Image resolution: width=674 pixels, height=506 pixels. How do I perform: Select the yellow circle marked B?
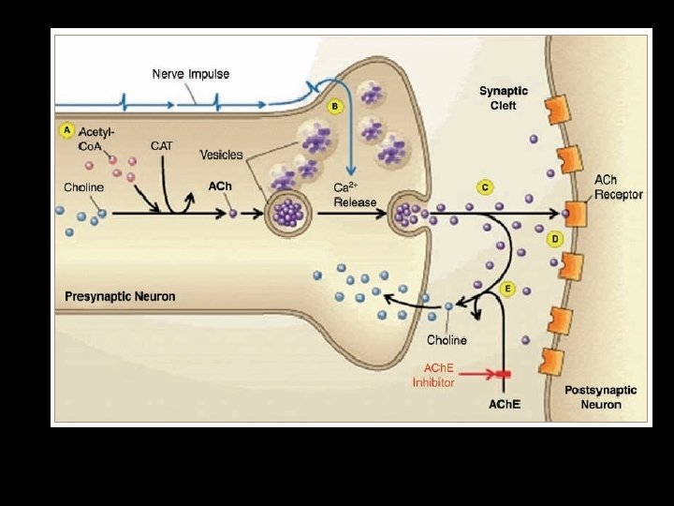click(x=335, y=107)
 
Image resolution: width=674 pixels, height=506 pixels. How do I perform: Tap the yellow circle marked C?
click(x=485, y=187)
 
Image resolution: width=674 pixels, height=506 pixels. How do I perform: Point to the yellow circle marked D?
click(x=556, y=240)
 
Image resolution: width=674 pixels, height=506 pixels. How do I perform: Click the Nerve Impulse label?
click(x=191, y=74)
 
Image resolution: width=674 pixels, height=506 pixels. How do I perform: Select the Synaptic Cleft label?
click(x=504, y=98)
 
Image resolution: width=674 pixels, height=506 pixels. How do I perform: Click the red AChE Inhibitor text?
click(x=433, y=375)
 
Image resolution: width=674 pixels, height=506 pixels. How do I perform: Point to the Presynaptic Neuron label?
click(x=120, y=297)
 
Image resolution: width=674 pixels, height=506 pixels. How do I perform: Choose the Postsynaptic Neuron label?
click(x=600, y=397)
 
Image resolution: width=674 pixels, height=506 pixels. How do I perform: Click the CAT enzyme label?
click(x=161, y=146)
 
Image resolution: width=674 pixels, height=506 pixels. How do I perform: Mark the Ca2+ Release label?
click(x=354, y=195)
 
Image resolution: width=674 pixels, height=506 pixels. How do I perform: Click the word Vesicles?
click(x=221, y=155)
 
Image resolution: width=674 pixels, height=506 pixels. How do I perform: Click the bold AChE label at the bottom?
click(x=505, y=405)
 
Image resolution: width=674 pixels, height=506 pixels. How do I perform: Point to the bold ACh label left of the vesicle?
click(x=220, y=186)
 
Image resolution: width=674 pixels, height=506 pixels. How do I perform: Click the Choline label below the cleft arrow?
click(x=447, y=339)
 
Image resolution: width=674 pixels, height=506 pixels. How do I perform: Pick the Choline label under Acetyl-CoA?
click(x=83, y=187)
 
